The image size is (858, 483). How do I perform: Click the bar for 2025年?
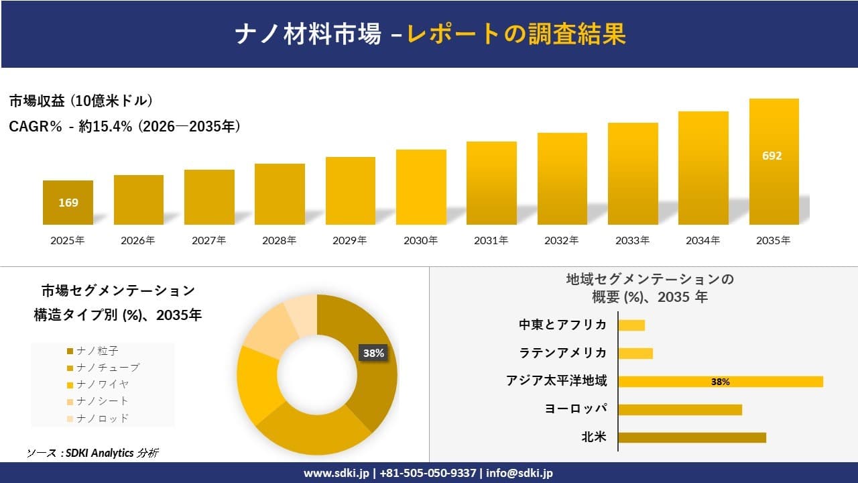(68, 203)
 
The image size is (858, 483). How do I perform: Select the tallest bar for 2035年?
(774, 162)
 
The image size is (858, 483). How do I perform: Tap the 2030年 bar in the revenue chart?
(421, 187)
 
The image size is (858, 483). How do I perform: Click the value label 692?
(772, 156)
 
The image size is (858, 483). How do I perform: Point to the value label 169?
(68, 202)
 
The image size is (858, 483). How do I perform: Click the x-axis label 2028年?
(280, 240)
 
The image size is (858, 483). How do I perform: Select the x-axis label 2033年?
(633, 240)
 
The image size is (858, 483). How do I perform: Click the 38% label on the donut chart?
(373, 353)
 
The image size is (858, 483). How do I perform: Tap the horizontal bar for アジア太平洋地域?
(720, 382)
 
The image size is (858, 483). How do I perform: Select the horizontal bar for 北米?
(692, 437)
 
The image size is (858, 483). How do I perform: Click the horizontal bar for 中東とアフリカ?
(631, 325)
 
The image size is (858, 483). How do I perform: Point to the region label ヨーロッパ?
(576, 409)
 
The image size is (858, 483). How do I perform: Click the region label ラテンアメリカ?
(563, 353)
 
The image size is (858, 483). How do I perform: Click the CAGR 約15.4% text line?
(125, 126)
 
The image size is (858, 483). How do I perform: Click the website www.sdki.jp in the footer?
(336, 473)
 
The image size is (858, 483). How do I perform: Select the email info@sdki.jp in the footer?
(519, 473)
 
